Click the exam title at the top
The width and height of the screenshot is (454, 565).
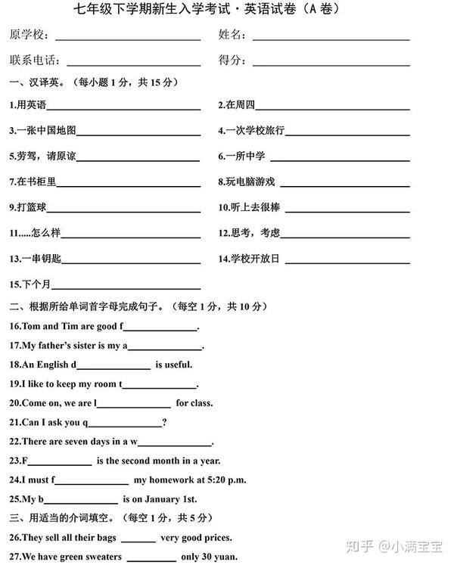(x=226, y=11)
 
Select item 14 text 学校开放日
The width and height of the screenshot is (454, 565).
(x=253, y=259)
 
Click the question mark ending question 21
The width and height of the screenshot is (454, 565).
(x=164, y=422)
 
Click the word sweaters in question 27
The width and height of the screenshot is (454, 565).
(x=99, y=557)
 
